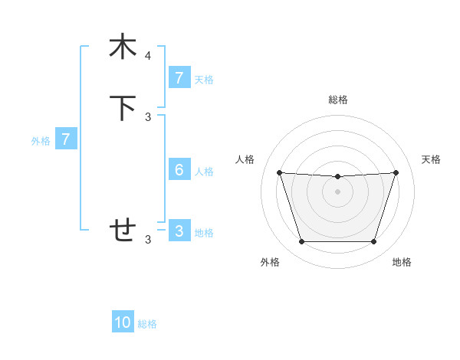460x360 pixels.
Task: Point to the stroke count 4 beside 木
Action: pyautogui.click(x=148, y=56)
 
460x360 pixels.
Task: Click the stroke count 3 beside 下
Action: pyautogui.click(x=148, y=117)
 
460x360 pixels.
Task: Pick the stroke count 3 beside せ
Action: pyautogui.click(x=148, y=240)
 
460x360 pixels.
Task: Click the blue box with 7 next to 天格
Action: pyautogui.click(x=179, y=78)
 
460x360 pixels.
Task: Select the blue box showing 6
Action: pyautogui.click(x=179, y=170)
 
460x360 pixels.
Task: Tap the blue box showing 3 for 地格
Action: pyautogui.click(x=179, y=231)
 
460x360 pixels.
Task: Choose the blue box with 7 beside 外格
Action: pyautogui.click(x=66, y=139)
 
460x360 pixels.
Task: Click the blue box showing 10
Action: pyautogui.click(x=123, y=322)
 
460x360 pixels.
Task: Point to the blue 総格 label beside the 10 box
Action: pyautogui.click(x=147, y=324)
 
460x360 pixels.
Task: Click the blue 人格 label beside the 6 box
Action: pyautogui.click(x=204, y=172)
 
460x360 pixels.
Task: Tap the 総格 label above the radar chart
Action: pyautogui.click(x=337, y=100)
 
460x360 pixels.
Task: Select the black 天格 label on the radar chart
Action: pyautogui.click(x=431, y=159)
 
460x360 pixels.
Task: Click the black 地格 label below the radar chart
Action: pyautogui.click(x=402, y=262)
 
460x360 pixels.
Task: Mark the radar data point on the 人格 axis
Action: pyautogui.click(x=279, y=172)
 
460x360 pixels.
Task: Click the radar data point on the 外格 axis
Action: pyautogui.click(x=301, y=242)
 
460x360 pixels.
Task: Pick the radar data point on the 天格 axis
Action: pyautogui.click(x=396, y=172)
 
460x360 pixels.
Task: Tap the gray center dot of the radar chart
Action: pyautogui.click(x=337, y=191)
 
